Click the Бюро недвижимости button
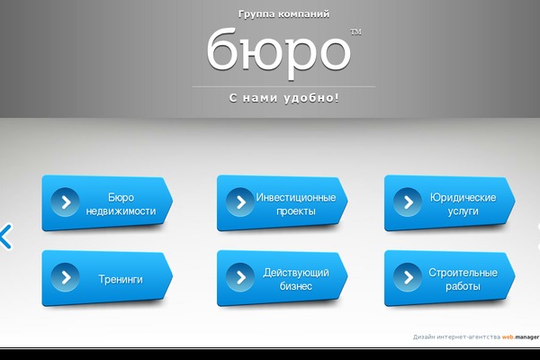tap(107, 202)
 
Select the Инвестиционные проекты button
tap(282, 202)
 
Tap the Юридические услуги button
tap(450, 202)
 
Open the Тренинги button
tap(107, 278)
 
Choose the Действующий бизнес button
tap(282, 278)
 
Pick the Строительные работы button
tap(450, 278)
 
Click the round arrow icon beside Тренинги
tap(65, 277)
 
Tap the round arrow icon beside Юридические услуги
tap(408, 202)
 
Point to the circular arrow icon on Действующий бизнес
tap(240, 277)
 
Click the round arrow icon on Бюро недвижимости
tap(65, 202)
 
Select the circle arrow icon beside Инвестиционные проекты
tap(240, 202)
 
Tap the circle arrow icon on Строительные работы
tap(408, 277)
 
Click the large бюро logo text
tap(279, 52)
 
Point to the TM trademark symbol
tap(355, 32)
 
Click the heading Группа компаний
tap(283, 14)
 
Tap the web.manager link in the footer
tap(520, 337)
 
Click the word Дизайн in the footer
tap(424, 337)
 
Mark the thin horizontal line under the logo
tap(283, 86)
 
